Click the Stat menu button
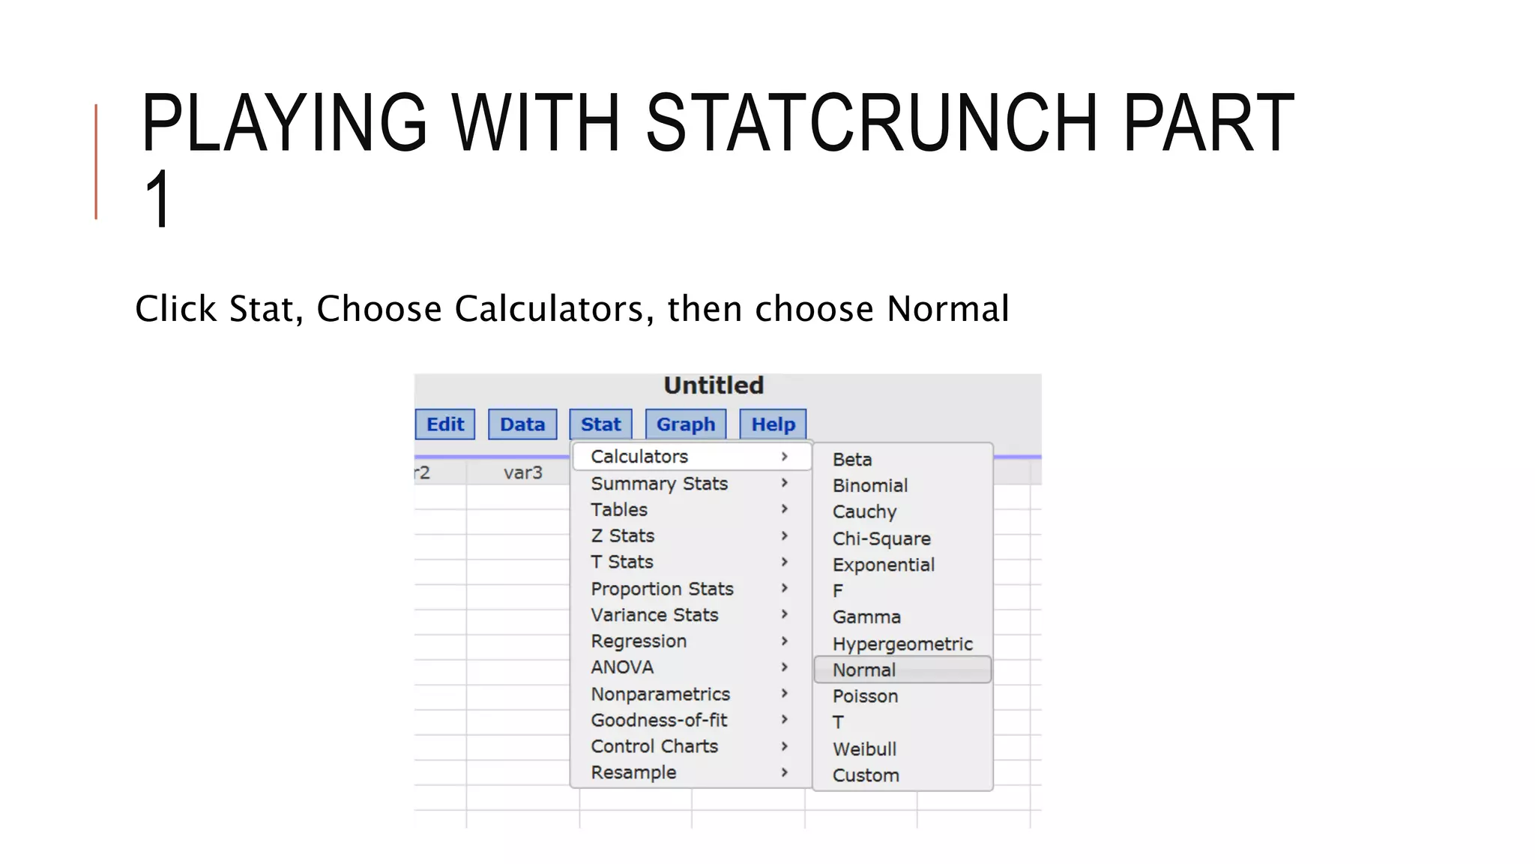coord(600,424)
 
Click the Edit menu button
coord(445,424)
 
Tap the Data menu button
coord(522,424)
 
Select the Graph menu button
coord(686,424)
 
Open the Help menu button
coord(773,424)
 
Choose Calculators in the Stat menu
coord(639,457)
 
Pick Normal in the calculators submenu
coord(864,670)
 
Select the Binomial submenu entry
coord(870,486)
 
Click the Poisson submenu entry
coord(865,696)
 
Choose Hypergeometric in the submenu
coord(902,643)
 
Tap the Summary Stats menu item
coord(659,484)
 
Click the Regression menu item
coord(639,641)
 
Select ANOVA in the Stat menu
coord(622,667)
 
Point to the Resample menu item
coord(633,772)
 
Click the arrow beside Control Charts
coord(785,746)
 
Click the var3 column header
coord(522,472)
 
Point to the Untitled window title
coord(714,385)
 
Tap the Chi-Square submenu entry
coord(881,538)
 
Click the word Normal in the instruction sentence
coord(948,309)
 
